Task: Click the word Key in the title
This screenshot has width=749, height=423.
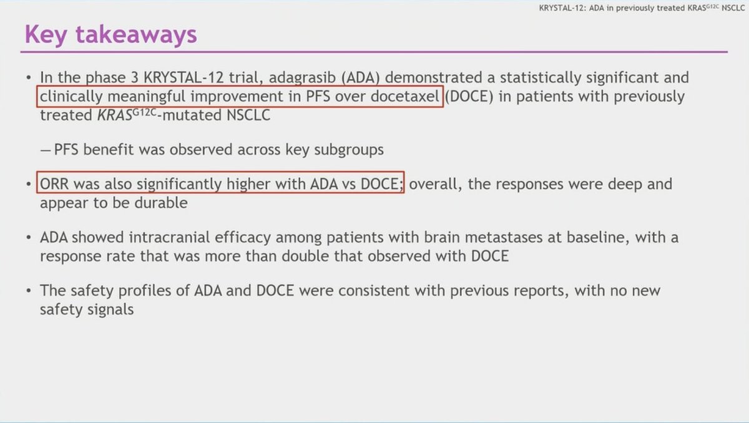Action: (x=46, y=35)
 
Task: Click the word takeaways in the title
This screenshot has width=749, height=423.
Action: (x=137, y=34)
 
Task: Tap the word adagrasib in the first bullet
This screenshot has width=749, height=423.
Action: (x=302, y=78)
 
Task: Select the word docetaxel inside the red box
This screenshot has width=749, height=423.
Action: (x=405, y=96)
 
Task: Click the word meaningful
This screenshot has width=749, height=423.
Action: (x=146, y=97)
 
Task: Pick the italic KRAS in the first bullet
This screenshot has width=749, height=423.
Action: (x=115, y=115)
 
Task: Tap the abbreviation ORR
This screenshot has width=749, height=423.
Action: (x=54, y=184)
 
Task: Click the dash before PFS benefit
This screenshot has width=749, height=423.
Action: (x=45, y=150)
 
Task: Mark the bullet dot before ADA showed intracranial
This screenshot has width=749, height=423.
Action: (x=29, y=238)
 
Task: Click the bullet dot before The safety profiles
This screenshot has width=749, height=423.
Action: (x=29, y=291)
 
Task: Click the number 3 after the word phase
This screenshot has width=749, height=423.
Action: (x=134, y=77)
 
